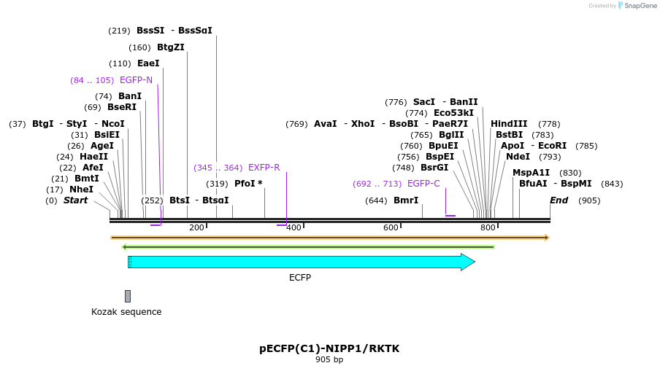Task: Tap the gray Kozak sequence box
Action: (x=128, y=296)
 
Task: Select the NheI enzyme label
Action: (x=81, y=190)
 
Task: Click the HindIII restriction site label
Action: (x=509, y=124)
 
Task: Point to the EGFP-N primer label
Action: (x=136, y=80)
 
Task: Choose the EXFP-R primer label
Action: (x=264, y=168)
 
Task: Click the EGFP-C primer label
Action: (x=423, y=184)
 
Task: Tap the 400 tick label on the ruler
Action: (x=293, y=228)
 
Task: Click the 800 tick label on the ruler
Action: (x=488, y=228)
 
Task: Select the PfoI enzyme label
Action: (x=245, y=184)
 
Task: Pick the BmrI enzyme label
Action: (x=406, y=200)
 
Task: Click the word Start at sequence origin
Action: (x=75, y=200)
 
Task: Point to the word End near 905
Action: (x=559, y=200)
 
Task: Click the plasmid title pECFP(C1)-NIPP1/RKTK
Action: (x=329, y=348)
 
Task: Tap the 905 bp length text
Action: (x=329, y=359)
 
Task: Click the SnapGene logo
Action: (x=637, y=6)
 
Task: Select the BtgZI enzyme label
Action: (x=171, y=47)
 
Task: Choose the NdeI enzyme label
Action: (x=518, y=157)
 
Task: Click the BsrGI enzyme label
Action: (x=434, y=168)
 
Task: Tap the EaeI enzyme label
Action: (x=148, y=63)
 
